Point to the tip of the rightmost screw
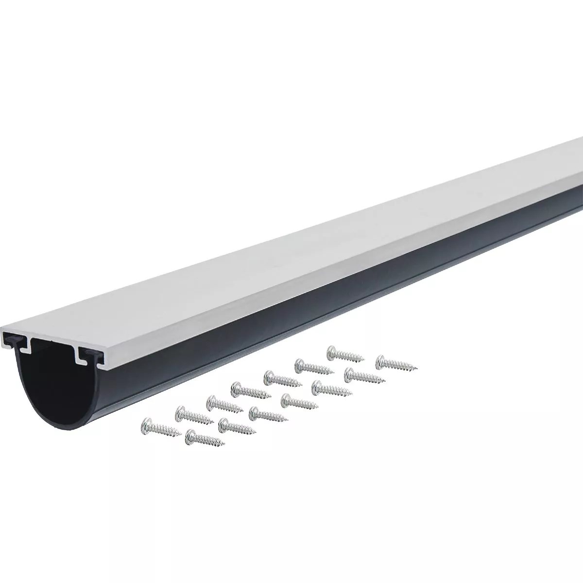click(x=415, y=366)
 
